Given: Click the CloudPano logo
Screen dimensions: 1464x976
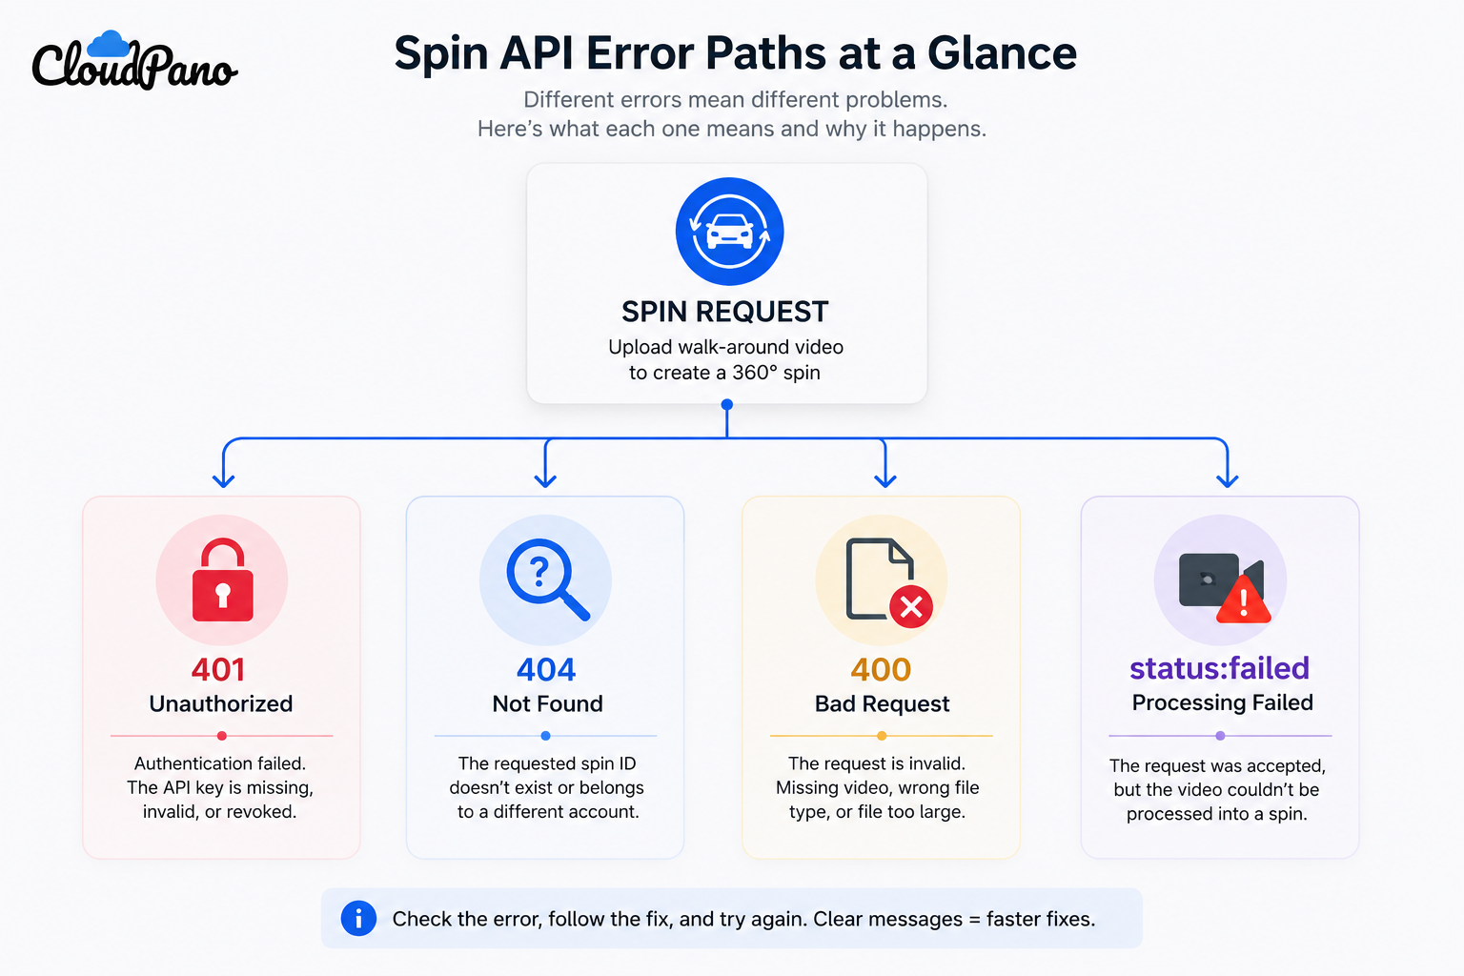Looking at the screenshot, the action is (134, 60).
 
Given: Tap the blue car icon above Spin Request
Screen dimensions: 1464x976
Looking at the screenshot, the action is (729, 232).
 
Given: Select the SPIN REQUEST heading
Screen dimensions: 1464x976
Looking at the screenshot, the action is (724, 312).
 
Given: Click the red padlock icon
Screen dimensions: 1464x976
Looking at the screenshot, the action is (222, 579).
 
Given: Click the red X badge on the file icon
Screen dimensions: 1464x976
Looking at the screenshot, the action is (911, 607).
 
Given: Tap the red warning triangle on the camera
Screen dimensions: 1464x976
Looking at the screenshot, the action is (1243, 600).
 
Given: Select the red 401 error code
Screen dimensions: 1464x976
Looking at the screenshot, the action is (218, 669).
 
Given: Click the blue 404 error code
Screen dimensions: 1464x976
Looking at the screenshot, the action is (546, 669).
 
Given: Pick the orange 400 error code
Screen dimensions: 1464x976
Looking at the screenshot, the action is (881, 669).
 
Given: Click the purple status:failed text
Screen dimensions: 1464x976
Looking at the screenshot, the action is (1220, 668).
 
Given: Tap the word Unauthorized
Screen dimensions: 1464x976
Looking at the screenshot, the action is (221, 703).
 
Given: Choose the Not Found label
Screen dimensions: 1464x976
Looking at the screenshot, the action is (548, 703).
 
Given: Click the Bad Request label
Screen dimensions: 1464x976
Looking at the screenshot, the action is (882, 703).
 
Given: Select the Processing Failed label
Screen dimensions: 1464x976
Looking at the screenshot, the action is (1222, 702).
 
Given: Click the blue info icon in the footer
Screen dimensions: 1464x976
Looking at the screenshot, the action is (358, 919).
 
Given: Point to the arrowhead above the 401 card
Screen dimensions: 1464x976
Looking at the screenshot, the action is (224, 480).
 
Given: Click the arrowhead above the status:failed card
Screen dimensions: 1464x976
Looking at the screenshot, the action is (1228, 480).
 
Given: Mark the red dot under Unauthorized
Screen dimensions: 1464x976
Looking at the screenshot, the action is (221, 736).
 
